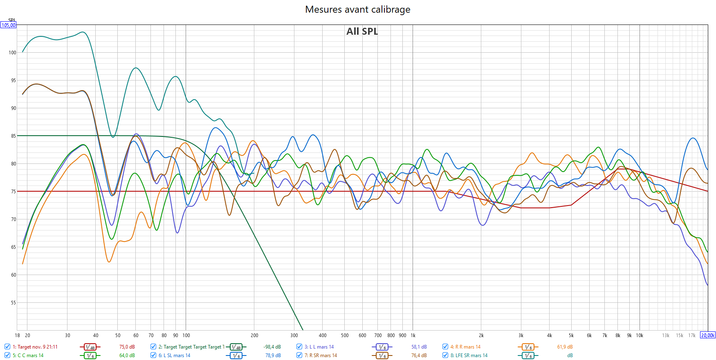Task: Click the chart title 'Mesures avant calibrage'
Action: [357, 9]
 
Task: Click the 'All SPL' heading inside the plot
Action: [362, 31]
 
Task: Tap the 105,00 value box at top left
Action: [8, 25]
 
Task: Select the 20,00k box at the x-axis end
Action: [708, 335]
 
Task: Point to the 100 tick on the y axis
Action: [12, 53]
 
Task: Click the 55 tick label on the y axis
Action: [13, 303]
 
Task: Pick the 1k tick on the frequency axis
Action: [413, 335]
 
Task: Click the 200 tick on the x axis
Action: [254, 335]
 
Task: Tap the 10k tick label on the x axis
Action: [640, 335]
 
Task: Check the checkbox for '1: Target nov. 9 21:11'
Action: [7, 347]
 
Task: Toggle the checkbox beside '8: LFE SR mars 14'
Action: [445, 355]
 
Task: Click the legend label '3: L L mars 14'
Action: [319, 347]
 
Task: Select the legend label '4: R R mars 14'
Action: [465, 347]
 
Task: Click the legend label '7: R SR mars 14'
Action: [321, 356]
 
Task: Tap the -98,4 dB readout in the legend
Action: [272, 347]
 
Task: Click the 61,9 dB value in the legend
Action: [565, 347]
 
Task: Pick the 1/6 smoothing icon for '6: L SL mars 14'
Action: [236, 356]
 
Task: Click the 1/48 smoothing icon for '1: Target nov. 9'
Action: [90, 347]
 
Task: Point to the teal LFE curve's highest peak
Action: [83, 32]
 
